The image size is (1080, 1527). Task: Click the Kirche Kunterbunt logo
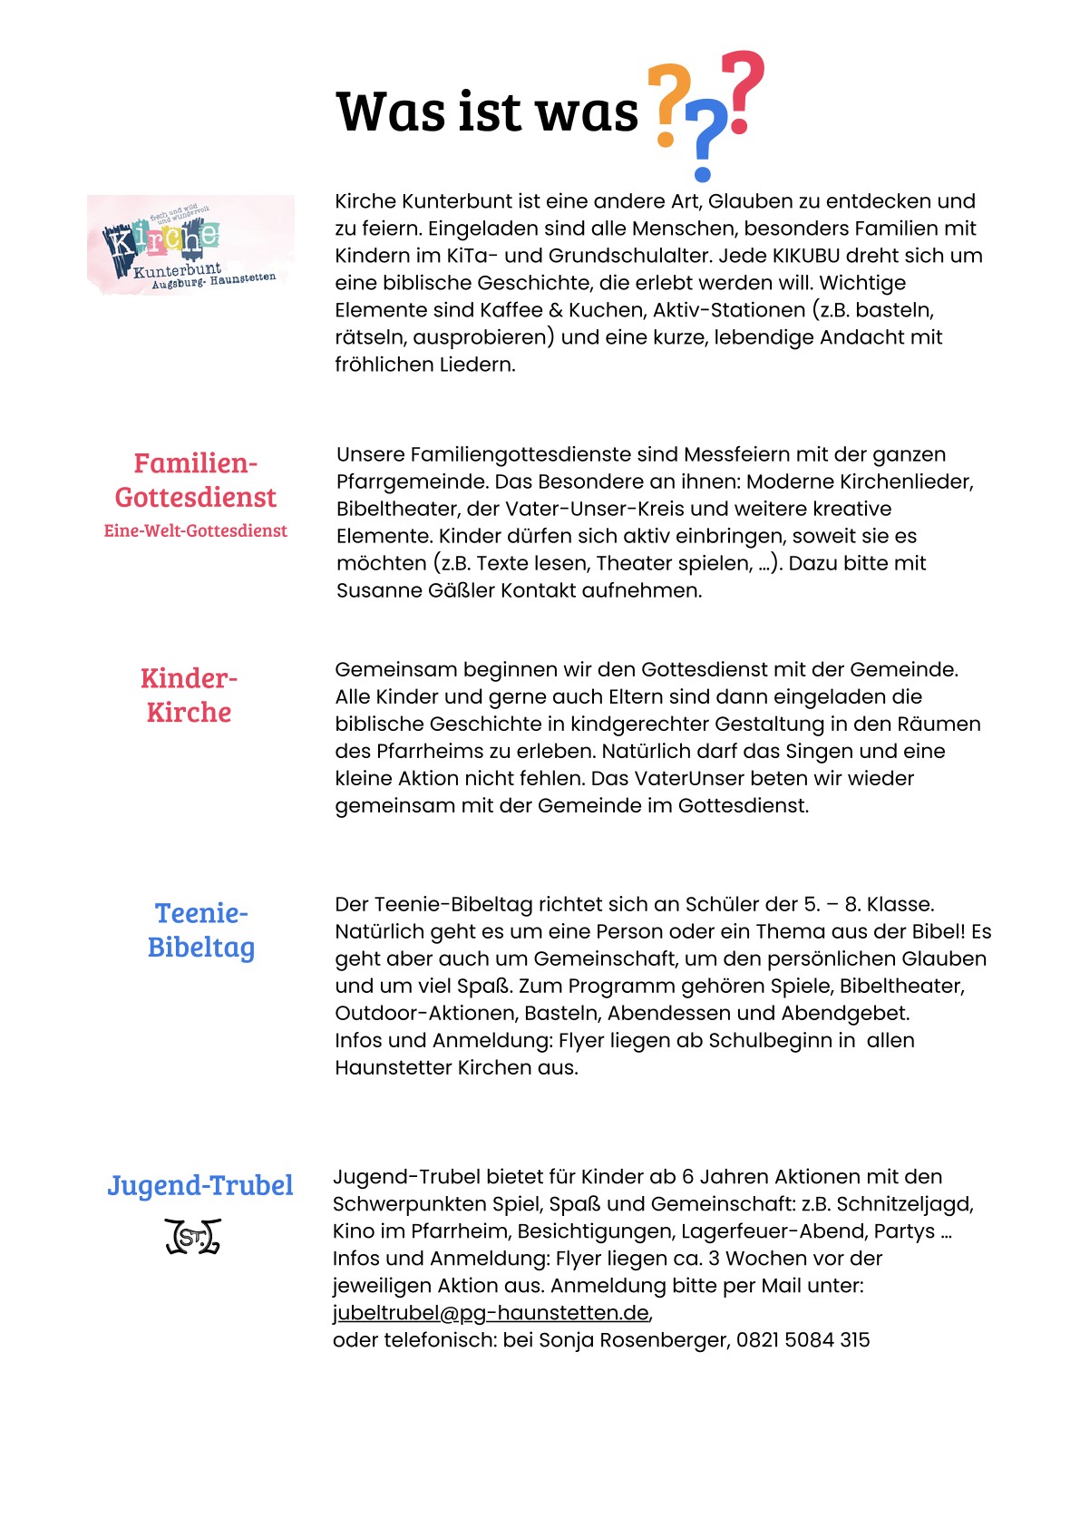pos(190,244)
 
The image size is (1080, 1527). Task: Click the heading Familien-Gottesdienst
pos(196,481)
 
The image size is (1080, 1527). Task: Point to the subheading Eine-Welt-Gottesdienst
pos(196,531)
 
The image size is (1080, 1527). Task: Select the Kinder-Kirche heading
pos(189,695)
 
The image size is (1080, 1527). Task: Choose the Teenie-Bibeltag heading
pos(201,930)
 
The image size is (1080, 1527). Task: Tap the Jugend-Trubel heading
pos(200,1186)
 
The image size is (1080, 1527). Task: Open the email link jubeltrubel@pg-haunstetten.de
pos(491,1313)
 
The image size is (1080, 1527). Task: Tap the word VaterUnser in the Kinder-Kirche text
pos(686,778)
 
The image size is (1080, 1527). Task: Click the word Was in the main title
pos(392,112)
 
